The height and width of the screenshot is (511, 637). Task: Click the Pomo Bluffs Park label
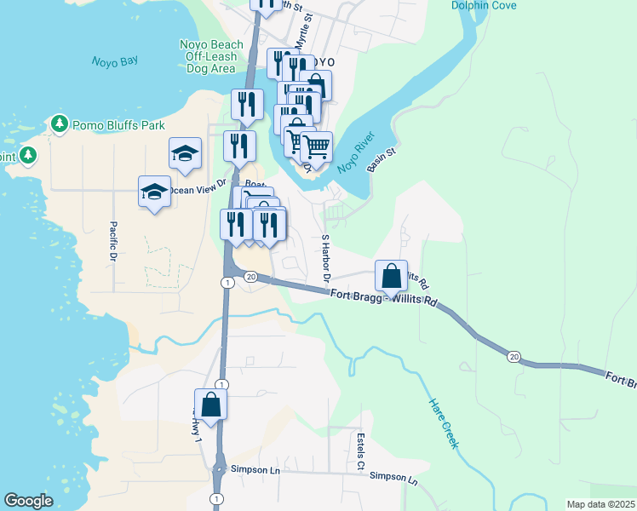coord(118,125)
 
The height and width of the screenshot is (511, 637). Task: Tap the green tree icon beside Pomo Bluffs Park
coord(59,124)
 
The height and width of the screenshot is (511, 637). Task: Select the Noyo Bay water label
coord(114,61)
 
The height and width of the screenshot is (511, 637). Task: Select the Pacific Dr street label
coord(112,241)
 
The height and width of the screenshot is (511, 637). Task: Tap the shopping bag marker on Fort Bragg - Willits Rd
coord(391,276)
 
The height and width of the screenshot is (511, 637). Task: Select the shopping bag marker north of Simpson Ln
coord(210,405)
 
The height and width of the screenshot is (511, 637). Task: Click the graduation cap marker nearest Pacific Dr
coord(155,191)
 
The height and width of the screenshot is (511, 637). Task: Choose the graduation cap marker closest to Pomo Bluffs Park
coord(185,153)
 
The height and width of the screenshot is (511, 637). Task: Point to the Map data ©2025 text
coord(600,504)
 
